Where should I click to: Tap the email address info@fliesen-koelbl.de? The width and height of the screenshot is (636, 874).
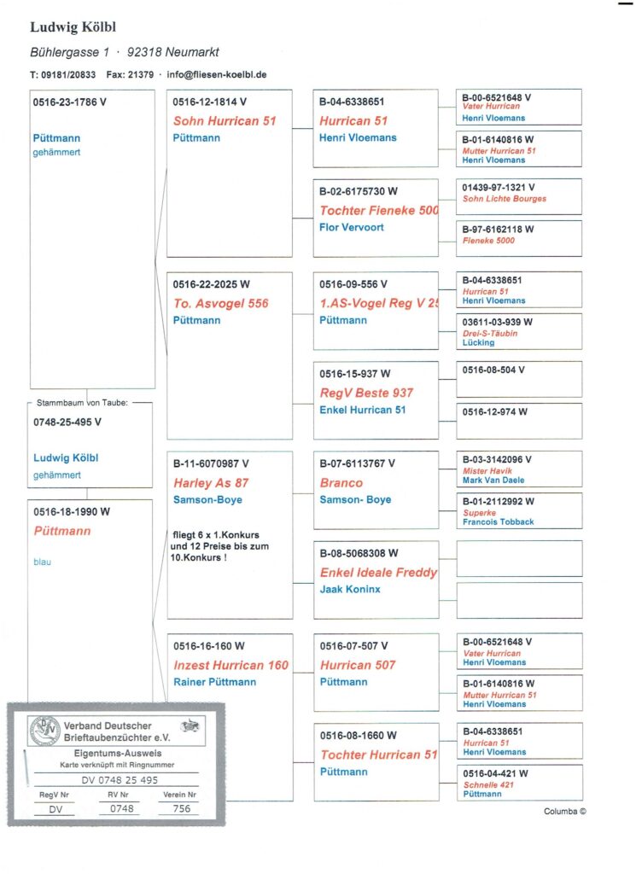coord(217,74)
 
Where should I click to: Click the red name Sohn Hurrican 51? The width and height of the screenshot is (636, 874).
coord(225,121)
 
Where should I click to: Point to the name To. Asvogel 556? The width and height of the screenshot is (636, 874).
coord(220,303)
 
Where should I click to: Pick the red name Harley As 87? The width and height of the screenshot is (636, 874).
coord(211,483)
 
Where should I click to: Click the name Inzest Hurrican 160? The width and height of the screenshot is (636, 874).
coord(230,665)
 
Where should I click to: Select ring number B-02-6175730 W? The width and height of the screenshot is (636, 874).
coord(359,192)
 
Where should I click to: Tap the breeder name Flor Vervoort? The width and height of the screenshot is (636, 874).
coord(352,227)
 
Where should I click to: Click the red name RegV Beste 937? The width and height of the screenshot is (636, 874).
coord(366,393)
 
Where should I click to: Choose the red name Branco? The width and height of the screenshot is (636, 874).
coord(341,483)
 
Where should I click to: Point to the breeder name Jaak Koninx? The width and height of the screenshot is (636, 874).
coord(350,589)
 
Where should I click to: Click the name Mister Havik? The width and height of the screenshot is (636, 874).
coord(487,471)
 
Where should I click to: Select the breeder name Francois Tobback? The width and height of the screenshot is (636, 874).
coord(498,521)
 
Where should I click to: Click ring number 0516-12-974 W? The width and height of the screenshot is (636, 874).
coord(495,411)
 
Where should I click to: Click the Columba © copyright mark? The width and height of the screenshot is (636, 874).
coord(564,812)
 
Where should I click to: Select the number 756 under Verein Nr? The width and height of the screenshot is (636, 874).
coord(181,808)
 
